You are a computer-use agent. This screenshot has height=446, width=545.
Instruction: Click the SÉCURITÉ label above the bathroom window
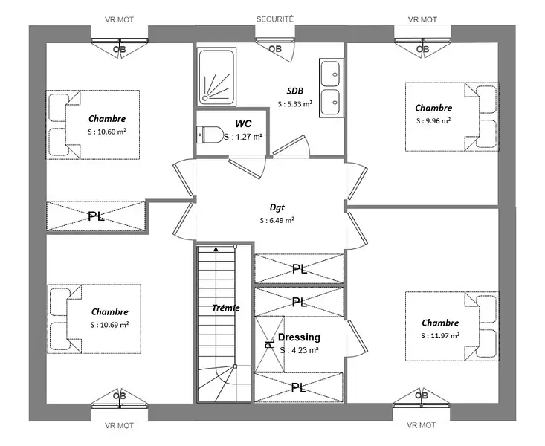pyautogui.click(x=275, y=19)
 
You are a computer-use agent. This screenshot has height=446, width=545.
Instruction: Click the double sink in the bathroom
pyautogui.click(x=331, y=88)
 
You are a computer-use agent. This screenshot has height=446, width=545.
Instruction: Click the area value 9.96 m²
pyautogui.click(x=433, y=120)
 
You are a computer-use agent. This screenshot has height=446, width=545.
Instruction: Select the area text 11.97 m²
pyautogui.click(x=440, y=335)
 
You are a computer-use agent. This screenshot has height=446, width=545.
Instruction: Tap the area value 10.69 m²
pyautogui.click(x=110, y=325)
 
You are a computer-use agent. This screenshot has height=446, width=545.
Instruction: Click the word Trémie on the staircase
pyautogui.click(x=225, y=308)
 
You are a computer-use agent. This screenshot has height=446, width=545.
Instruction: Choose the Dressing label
pyautogui.click(x=299, y=337)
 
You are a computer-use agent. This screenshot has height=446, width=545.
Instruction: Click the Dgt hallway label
pyautogui.click(x=277, y=208)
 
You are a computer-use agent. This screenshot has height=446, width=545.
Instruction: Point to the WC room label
pyautogui.click(x=243, y=123)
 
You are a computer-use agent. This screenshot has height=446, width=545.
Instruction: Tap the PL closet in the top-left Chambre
pyautogui.click(x=95, y=216)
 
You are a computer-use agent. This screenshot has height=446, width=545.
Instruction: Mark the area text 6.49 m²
pyautogui.click(x=277, y=221)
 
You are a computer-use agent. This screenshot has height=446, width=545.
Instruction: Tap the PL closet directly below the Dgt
pyautogui.click(x=299, y=268)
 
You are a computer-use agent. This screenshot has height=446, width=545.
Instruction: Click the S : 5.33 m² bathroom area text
pyautogui.click(x=294, y=104)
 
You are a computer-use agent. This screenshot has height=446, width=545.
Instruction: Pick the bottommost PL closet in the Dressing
pyautogui.click(x=299, y=387)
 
